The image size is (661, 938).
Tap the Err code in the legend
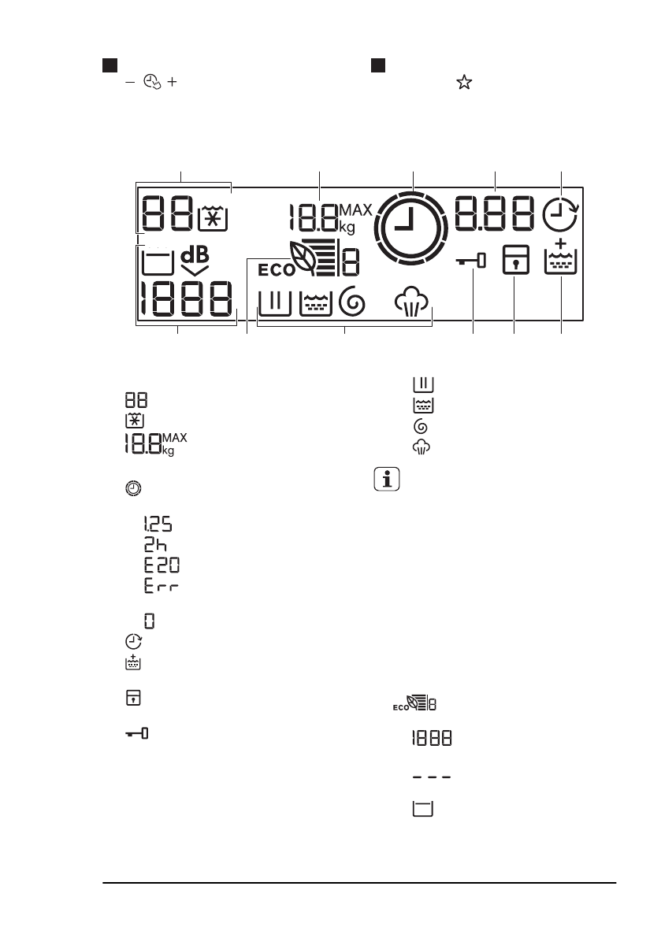(156, 587)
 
